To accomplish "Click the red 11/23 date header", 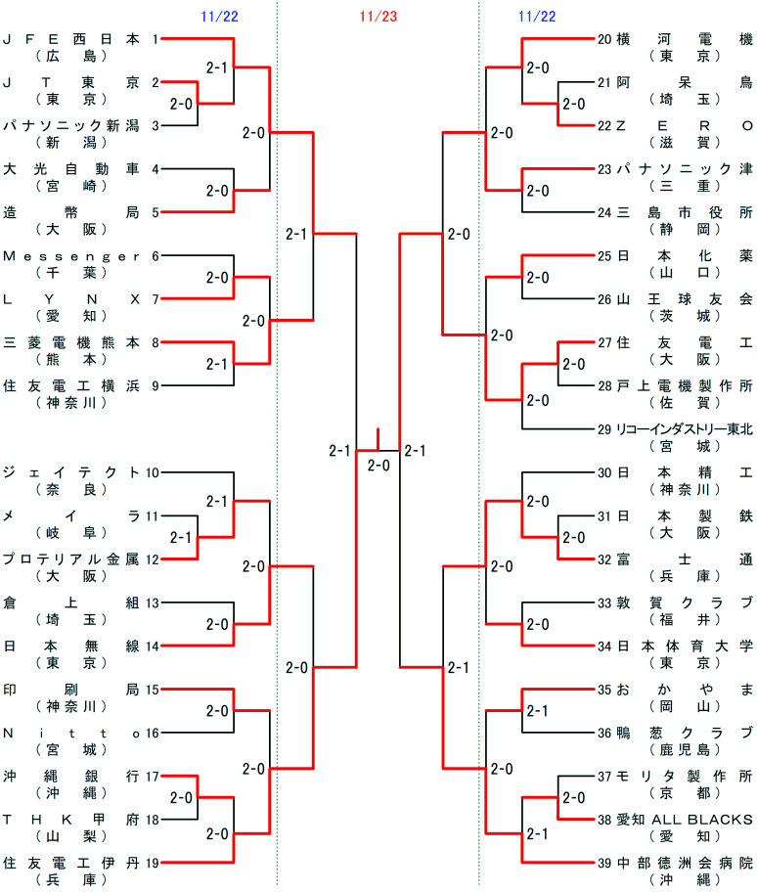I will tap(378, 17).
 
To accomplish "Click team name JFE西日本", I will tap(70, 39).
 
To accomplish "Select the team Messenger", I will tap(70, 255).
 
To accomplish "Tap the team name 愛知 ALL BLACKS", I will tap(686, 819).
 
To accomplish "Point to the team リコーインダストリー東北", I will tap(686, 428).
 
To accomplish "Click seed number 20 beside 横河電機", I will tap(604, 39).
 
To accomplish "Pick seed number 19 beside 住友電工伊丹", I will tap(152, 862).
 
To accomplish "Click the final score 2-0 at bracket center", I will tap(378, 466).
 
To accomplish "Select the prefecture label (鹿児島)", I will tap(686, 749).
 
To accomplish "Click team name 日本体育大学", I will tap(686, 646).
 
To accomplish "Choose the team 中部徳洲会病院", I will tap(686, 862).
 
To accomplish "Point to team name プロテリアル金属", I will tap(70, 559).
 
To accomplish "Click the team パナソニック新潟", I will tap(70, 125).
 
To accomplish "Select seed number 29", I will tap(604, 428).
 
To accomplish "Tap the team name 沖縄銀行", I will tap(70, 776).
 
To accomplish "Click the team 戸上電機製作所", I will tap(686, 385).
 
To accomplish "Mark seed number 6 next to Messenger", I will tap(156, 255).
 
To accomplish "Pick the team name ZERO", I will tap(686, 125).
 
